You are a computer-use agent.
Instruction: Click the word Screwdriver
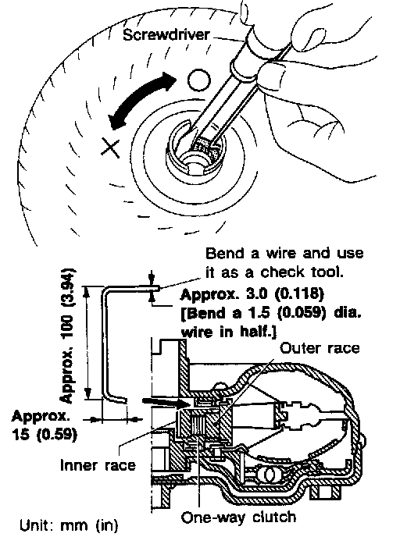click(166, 35)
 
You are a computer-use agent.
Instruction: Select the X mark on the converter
click(110, 148)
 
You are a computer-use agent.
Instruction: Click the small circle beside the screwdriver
click(199, 80)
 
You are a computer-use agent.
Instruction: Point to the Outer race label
click(320, 348)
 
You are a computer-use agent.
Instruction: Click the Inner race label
click(98, 465)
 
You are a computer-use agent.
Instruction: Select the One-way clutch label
click(238, 517)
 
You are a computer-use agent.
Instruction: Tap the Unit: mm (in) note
click(69, 525)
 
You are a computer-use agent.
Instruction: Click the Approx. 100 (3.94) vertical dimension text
click(67, 335)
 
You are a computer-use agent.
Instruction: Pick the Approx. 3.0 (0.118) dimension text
click(252, 293)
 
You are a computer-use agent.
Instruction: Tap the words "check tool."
click(302, 272)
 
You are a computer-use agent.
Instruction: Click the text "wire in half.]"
click(229, 332)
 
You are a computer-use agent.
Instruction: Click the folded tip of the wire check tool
click(157, 288)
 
